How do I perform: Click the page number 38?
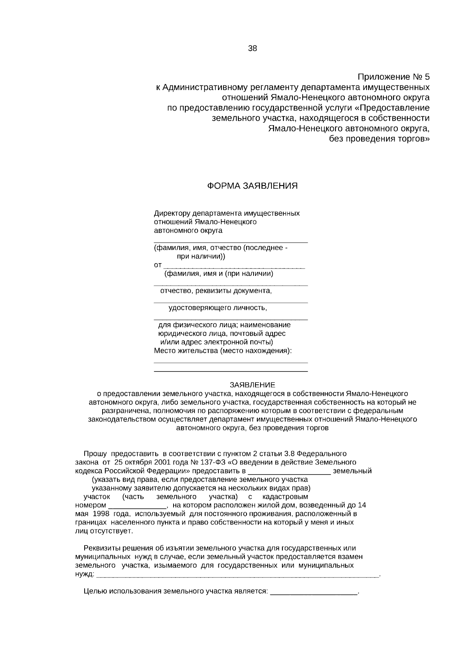point(252,49)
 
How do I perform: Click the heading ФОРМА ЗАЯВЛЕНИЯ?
point(252,186)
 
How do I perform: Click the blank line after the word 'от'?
point(234,267)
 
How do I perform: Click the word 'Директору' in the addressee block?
point(170,213)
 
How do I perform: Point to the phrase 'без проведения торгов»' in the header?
point(379,139)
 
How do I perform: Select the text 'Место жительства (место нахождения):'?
point(223,350)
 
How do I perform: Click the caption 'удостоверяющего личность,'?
point(218,308)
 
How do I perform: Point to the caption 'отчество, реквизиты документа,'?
point(216,291)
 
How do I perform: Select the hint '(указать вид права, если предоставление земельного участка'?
point(200,480)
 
